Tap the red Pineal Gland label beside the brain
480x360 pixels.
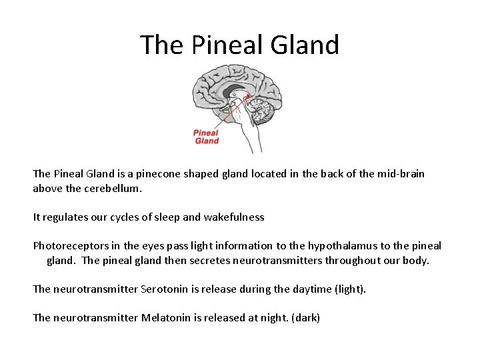(206, 137)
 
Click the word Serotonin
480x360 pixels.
(167, 289)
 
